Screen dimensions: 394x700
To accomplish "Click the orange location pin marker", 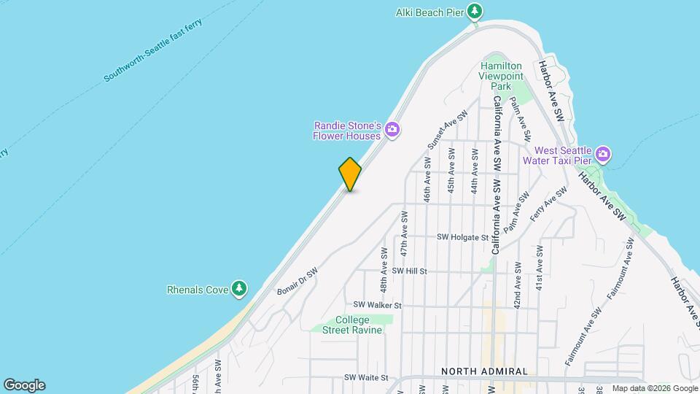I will (350, 174).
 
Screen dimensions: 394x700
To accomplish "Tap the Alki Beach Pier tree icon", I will (475, 11).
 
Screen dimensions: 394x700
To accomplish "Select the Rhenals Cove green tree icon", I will (238, 290).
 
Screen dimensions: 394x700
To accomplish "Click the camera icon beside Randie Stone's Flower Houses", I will (393, 130).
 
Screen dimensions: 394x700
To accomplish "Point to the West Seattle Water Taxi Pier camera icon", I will (602, 154).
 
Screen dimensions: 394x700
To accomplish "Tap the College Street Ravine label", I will (353, 325).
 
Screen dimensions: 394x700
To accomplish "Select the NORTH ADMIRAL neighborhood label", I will (483, 371).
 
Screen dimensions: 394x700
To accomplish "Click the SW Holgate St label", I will (462, 237).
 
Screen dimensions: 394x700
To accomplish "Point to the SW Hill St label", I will (408, 271).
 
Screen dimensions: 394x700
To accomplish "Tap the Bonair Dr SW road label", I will (297, 282).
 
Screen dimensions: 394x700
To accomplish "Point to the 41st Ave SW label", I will (540, 268).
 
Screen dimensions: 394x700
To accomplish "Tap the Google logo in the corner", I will (24, 385).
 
